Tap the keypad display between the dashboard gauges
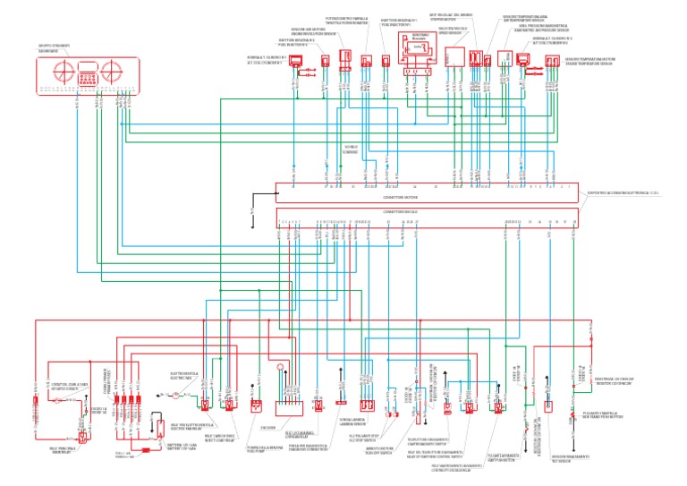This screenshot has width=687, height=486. coord(85,72)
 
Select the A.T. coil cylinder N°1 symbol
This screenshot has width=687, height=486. coord(296,63)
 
